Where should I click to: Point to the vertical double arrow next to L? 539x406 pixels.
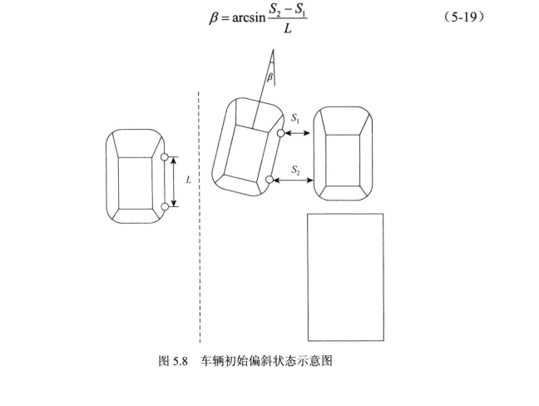(x=175, y=181)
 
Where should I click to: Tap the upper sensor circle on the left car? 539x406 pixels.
(x=165, y=156)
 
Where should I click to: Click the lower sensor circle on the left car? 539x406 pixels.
(x=165, y=206)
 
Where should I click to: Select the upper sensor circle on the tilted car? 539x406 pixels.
(x=282, y=133)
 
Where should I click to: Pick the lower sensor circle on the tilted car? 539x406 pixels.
(x=269, y=180)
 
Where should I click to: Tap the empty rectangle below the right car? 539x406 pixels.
(x=345, y=277)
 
